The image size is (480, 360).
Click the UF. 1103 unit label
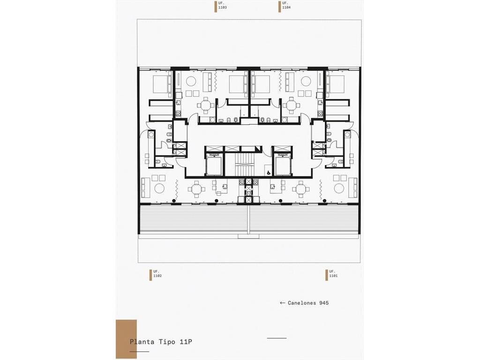(223, 6)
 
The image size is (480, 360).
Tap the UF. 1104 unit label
(286, 6)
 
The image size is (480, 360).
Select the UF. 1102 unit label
(157, 274)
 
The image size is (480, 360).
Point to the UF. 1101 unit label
(333, 274)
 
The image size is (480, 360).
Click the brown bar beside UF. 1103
(216, 7)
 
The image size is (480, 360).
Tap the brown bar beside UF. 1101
(327, 275)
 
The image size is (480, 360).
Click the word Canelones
(302, 303)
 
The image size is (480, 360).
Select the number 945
(324, 303)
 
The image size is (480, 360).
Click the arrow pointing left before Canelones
(283, 303)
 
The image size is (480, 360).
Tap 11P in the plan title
(186, 342)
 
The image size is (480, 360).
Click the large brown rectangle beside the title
(126, 339)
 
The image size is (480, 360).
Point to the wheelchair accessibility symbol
(267, 173)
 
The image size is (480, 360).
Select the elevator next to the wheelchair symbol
(283, 165)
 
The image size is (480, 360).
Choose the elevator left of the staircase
(214, 165)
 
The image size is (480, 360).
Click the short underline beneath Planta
(139, 352)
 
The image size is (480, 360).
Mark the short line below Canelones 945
(277, 338)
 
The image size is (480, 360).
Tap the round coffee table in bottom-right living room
(339, 188)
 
